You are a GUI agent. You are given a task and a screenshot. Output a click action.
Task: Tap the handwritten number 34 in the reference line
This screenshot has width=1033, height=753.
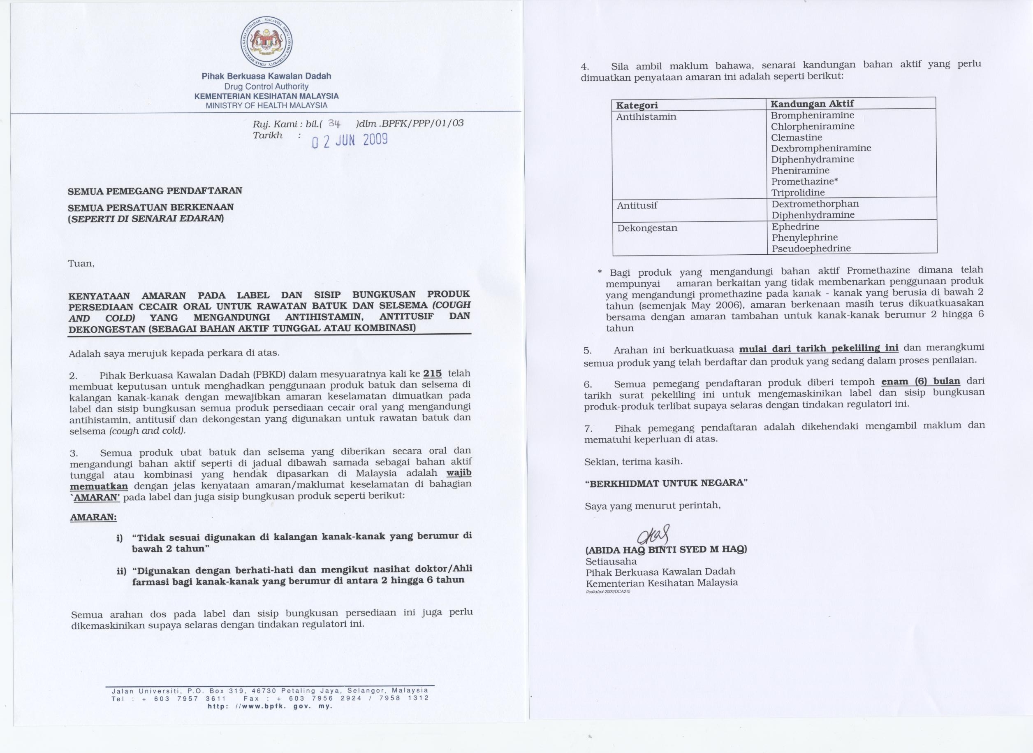click(x=334, y=123)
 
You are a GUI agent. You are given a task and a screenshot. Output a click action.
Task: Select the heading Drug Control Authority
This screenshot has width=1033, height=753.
click(x=266, y=86)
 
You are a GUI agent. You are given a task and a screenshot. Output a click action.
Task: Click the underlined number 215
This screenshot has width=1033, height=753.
click(x=432, y=373)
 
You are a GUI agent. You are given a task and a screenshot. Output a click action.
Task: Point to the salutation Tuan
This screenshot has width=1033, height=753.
click(x=81, y=263)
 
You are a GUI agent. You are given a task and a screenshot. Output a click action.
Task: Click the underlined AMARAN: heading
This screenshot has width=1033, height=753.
click(x=93, y=517)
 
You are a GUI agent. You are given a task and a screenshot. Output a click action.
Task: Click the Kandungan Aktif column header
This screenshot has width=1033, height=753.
click(x=812, y=103)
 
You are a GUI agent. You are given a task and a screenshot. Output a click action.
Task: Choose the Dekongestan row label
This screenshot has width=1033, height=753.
click(x=647, y=228)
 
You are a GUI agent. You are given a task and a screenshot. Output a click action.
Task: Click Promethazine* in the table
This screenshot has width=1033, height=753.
click(x=804, y=181)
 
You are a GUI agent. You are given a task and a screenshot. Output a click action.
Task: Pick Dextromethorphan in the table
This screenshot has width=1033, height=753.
click(x=815, y=204)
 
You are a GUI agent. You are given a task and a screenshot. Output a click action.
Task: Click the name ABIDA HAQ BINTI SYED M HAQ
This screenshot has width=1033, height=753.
click(x=666, y=549)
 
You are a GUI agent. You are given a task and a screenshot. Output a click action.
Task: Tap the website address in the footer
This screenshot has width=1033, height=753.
click(x=270, y=706)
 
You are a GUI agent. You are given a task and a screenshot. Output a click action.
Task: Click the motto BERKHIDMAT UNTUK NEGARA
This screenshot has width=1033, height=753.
click(x=666, y=483)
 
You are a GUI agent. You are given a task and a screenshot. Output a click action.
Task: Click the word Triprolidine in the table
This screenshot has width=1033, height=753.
click(x=797, y=192)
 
